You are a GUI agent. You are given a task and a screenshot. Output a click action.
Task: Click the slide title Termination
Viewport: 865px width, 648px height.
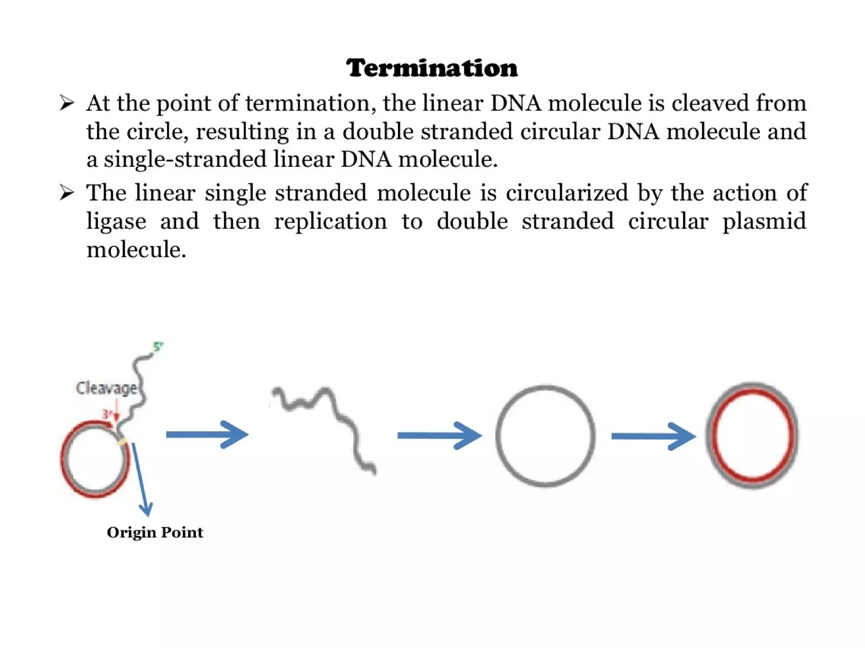[x=432, y=68]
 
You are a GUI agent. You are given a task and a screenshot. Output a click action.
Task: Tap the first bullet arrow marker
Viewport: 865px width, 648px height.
[x=67, y=103]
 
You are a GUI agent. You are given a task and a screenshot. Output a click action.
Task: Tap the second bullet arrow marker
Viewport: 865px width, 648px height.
[x=67, y=193]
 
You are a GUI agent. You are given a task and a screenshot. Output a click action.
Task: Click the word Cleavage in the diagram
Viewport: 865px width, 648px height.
[x=106, y=388]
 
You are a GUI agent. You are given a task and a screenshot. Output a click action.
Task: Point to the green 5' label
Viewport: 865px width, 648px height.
[x=158, y=347]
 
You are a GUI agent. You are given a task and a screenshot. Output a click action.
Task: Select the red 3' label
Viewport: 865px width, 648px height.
[x=107, y=414]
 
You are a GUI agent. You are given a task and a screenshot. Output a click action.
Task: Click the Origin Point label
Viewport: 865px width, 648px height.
[x=155, y=532]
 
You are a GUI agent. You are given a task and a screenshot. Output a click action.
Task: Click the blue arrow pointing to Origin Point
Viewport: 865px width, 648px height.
[x=141, y=479]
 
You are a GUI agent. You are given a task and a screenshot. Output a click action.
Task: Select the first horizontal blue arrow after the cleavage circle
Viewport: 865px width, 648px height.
[x=207, y=434]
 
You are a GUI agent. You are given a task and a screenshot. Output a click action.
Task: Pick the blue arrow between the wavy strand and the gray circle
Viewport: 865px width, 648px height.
[x=439, y=435]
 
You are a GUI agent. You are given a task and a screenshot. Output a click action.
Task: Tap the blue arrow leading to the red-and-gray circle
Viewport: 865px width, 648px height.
[x=653, y=436]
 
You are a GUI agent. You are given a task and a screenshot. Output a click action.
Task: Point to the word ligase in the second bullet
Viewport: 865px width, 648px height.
[x=116, y=222]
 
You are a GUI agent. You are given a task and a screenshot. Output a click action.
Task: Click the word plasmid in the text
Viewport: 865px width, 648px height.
[x=764, y=222]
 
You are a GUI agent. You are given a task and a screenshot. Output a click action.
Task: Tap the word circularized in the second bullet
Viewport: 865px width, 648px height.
[x=567, y=193]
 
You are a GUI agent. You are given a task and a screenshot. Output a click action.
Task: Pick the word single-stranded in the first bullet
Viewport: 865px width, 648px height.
[x=185, y=160]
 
